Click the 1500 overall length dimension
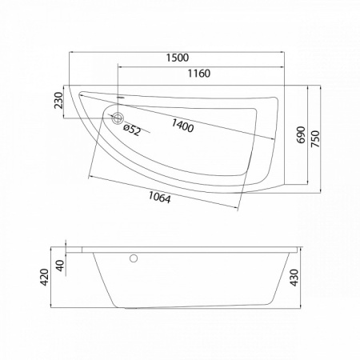(178, 58)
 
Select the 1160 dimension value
(199, 74)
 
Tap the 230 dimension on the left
(58, 101)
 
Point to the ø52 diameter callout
(132, 130)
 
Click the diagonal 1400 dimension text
(182, 126)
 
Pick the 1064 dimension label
(159, 198)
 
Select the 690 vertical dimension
(301, 134)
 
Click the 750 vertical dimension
(315, 138)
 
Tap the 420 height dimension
(45, 278)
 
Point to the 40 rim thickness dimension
(61, 266)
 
